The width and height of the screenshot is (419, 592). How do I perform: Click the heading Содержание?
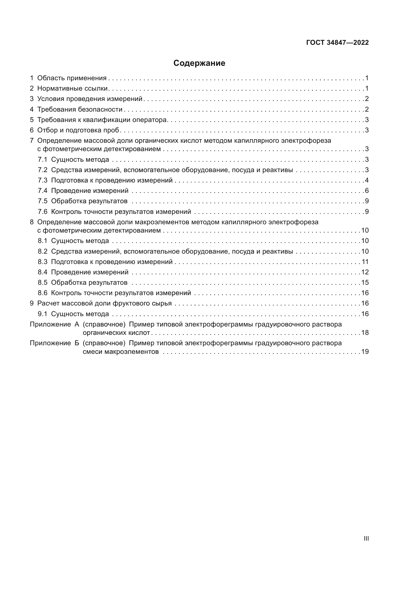click(199, 63)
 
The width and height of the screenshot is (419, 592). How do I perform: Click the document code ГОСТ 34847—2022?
click(337, 43)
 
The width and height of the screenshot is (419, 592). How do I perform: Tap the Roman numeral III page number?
click(366, 538)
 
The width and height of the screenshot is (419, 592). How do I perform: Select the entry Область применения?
click(72, 78)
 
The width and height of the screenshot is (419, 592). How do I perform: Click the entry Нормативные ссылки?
click(72, 88)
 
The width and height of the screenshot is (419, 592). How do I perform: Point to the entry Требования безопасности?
click(80, 109)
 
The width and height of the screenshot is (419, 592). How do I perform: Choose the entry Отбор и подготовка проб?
click(78, 130)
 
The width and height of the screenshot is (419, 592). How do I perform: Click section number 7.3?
click(43, 180)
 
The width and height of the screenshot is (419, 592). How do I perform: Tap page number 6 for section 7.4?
click(367, 191)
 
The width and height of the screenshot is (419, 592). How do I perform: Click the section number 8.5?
click(43, 283)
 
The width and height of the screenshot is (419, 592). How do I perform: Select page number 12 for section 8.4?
click(365, 272)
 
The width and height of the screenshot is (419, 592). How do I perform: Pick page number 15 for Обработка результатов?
click(365, 283)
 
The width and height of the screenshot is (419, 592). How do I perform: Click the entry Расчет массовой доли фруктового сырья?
click(104, 303)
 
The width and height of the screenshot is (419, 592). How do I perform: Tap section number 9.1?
click(43, 314)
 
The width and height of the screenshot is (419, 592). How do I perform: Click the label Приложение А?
click(54, 324)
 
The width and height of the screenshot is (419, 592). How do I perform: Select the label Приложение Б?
click(54, 343)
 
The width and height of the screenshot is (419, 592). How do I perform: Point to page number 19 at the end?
click(365, 352)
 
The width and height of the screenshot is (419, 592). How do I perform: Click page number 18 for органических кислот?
click(365, 333)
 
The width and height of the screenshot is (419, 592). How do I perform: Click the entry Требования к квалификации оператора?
click(102, 120)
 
